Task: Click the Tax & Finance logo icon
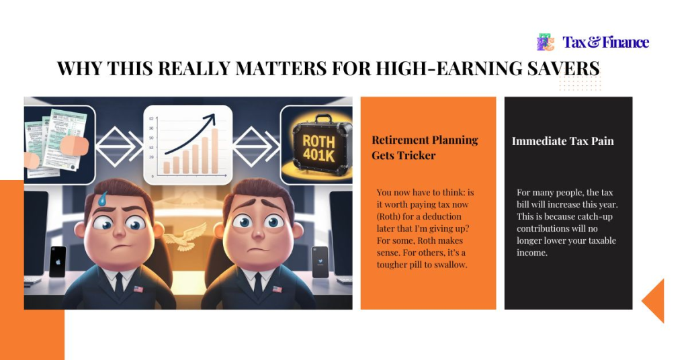(x=546, y=42)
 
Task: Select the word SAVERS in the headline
(x=562, y=69)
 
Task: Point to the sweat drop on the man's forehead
(x=102, y=198)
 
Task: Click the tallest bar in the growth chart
(x=215, y=151)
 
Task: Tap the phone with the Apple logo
(x=58, y=261)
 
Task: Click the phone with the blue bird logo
(x=320, y=261)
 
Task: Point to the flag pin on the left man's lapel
(x=138, y=289)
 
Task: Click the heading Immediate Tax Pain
(x=563, y=141)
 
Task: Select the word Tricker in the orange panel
(x=421, y=155)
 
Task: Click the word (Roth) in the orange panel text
(x=390, y=216)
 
